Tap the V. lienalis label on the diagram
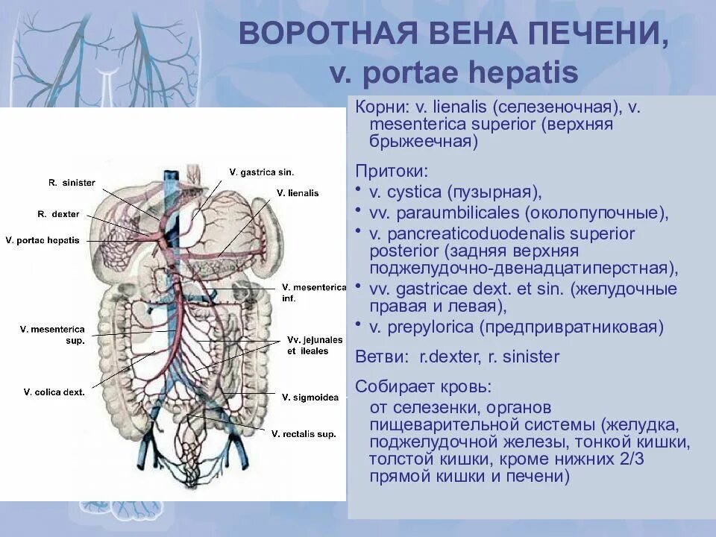click(297, 192)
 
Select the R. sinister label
click(72, 182)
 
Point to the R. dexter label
click(58, 214)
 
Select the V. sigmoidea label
click(310, 398)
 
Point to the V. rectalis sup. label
click(304, 433)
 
